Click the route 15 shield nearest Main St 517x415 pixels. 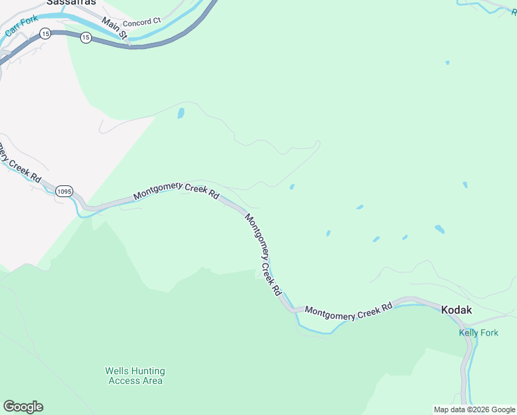tap(85, 37)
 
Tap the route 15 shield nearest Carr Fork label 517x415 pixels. tap(45, 33)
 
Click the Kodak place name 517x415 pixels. tap(456, 310)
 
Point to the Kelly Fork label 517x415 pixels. tap(479, 333)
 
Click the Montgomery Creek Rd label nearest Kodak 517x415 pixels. tap(348, 312)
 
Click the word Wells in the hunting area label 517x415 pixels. tap(117, 371)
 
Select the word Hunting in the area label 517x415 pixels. tap(148, 371)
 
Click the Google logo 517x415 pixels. tap(23, 407)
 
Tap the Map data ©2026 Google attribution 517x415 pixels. tap(474, 409)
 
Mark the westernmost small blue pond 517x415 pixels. tap(181, 113)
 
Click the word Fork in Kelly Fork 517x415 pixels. tap(489, 333)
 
